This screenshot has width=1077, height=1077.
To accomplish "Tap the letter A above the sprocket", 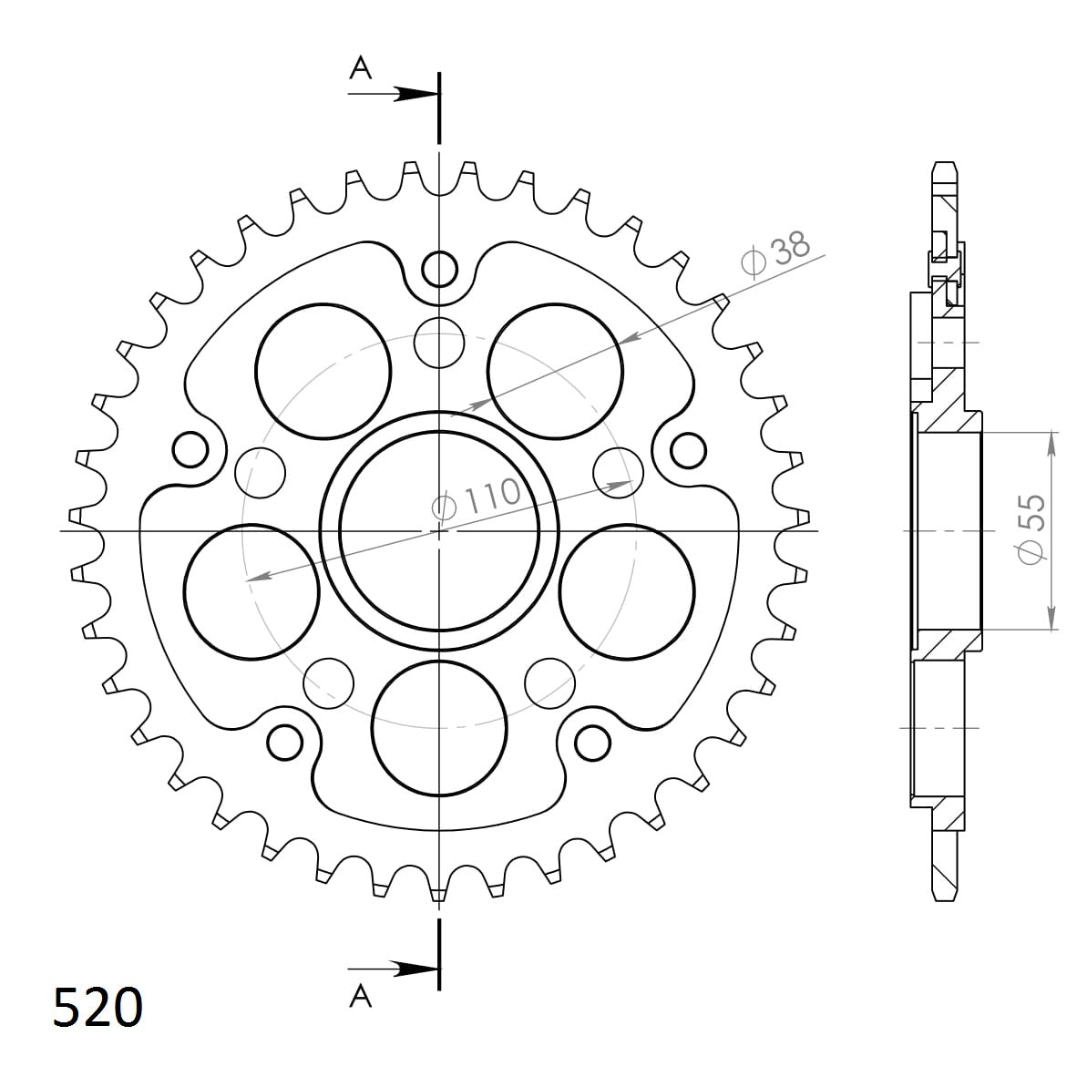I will click(362, 68).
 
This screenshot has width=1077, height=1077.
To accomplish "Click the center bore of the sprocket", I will click(439, 529).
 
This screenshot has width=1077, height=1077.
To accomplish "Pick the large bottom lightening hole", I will click(439, 726).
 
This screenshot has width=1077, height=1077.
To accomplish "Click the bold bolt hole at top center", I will click(439, 269).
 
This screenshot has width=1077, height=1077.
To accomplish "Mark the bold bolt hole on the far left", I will click(190, 448).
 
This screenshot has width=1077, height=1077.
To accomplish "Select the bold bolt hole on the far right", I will click(688, 448).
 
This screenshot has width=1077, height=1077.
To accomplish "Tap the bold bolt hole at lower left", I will click(285, 742).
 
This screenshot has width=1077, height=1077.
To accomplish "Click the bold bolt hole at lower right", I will click(593, 742).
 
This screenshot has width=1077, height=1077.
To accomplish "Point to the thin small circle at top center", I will click(439, 343).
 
